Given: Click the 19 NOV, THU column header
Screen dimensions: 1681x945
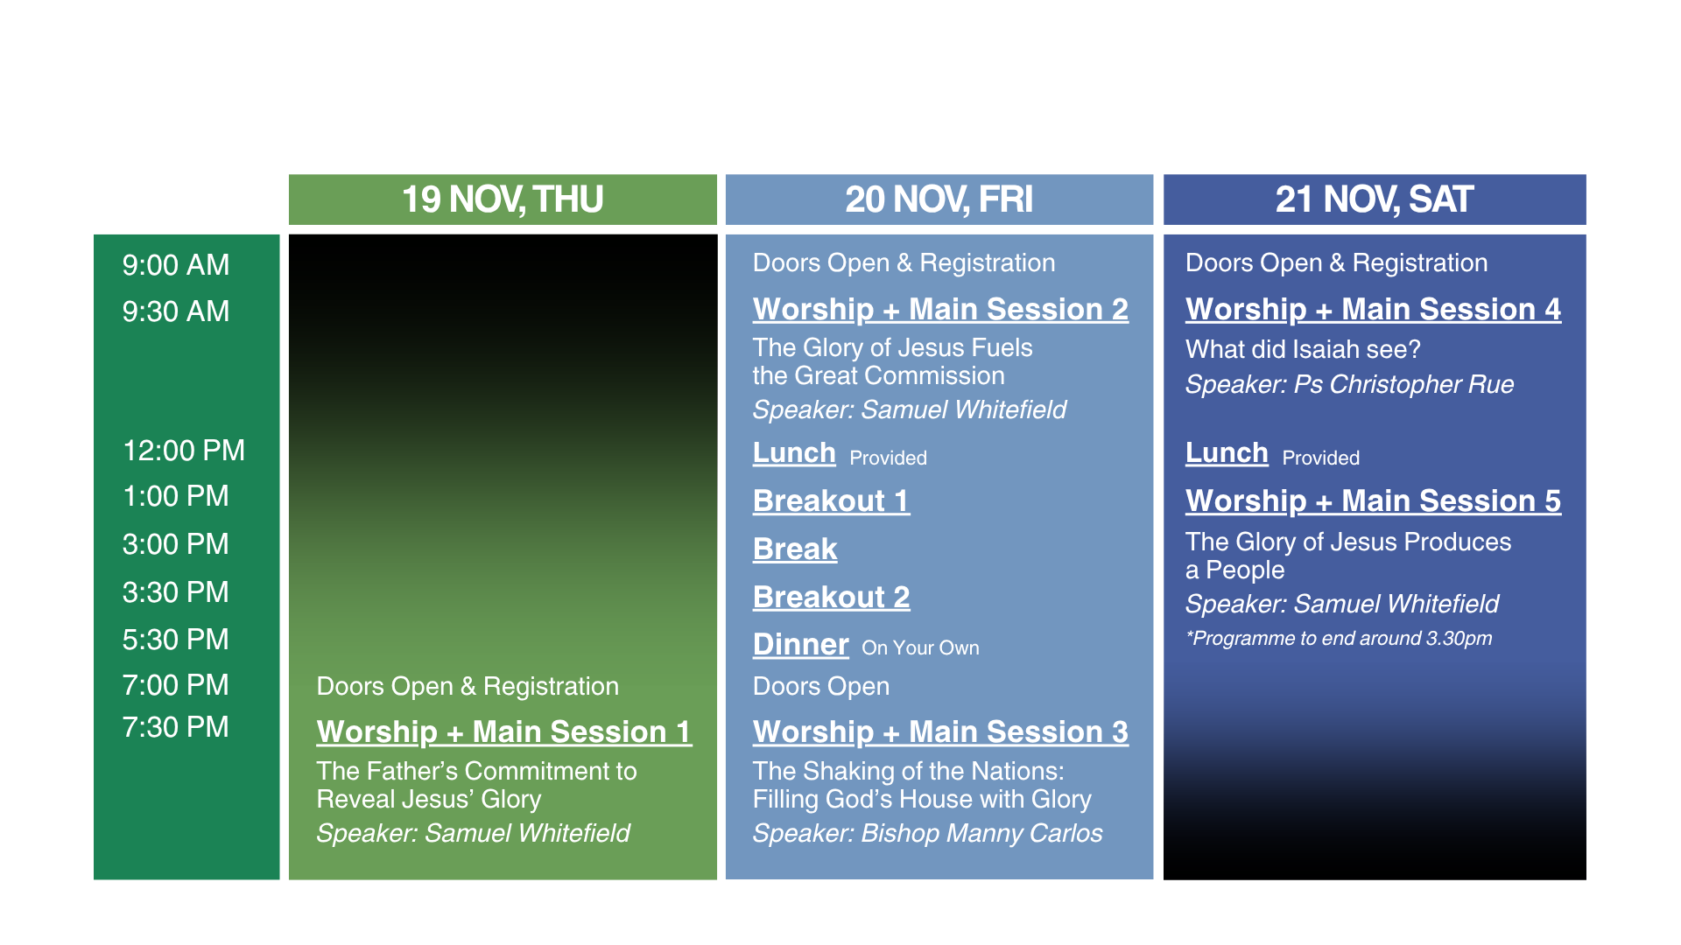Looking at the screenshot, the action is click(503, 199).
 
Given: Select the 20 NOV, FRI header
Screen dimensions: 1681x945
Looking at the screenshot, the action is click(939, 199).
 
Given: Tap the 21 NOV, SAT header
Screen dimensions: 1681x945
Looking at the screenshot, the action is click(1375, 199).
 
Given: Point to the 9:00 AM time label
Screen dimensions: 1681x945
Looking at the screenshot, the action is click(176, 265).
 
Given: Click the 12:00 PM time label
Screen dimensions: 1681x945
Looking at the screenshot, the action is click(184, 451).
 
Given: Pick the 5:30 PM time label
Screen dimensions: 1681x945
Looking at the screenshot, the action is click(176, 640).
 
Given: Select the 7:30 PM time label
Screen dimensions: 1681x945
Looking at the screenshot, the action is click(176, 727).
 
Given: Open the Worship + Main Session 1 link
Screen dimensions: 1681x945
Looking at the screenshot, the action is click(504, 732).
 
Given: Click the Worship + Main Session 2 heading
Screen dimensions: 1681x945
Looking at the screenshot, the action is click(940, 310).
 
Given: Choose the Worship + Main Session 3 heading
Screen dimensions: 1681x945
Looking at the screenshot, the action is click(940, 732).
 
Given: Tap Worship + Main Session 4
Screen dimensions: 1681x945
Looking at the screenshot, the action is click(1373, 310).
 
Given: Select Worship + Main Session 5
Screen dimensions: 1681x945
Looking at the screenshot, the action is click(1373, 501).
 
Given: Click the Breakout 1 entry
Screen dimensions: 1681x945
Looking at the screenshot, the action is click(832, 501).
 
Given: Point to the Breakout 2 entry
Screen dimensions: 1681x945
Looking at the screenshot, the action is click(832, 598).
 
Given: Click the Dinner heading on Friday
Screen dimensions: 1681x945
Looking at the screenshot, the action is click(801, 645).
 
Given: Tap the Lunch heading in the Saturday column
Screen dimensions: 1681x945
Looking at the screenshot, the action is click(1227, 453).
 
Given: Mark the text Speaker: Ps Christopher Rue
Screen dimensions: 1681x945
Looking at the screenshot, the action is click(1349, 385).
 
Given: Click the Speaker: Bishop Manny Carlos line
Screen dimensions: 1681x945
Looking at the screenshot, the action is click(927, 834).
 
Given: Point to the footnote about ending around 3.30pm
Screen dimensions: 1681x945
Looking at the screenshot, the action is click(1339, 639).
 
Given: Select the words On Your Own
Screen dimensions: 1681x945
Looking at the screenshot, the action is click(920, 648).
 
